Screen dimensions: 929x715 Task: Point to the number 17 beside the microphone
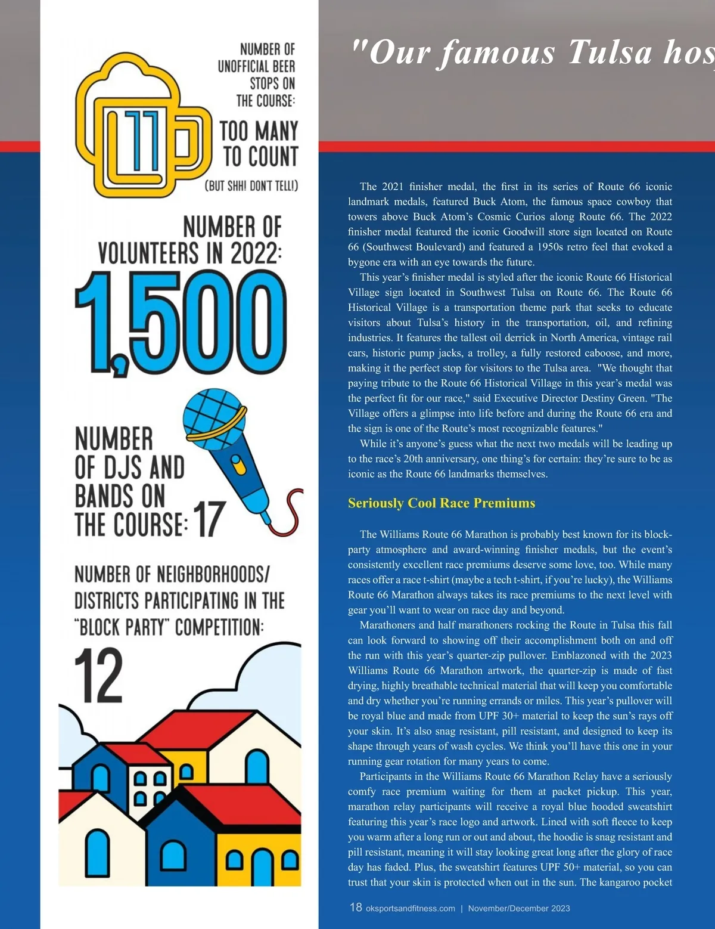[209, 519]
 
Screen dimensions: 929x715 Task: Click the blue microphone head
[213, 415]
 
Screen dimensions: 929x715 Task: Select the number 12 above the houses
[99, 676]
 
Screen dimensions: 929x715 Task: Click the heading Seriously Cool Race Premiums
[442, 503]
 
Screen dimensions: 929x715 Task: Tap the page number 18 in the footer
[356, 907]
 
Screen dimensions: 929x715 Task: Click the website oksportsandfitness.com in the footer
[410, 909]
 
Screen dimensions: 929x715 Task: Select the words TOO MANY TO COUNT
[259, 144]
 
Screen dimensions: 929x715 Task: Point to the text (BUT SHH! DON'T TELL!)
[251, 186]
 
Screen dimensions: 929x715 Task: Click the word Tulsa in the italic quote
[610, 52]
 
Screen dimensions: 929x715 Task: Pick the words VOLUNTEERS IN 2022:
[190, 253]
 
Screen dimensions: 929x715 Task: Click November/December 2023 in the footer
[519, 909]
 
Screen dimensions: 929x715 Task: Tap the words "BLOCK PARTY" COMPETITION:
[169, 627]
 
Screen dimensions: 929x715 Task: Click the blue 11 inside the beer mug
[143, 139]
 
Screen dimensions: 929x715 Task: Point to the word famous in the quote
[498, 52]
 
